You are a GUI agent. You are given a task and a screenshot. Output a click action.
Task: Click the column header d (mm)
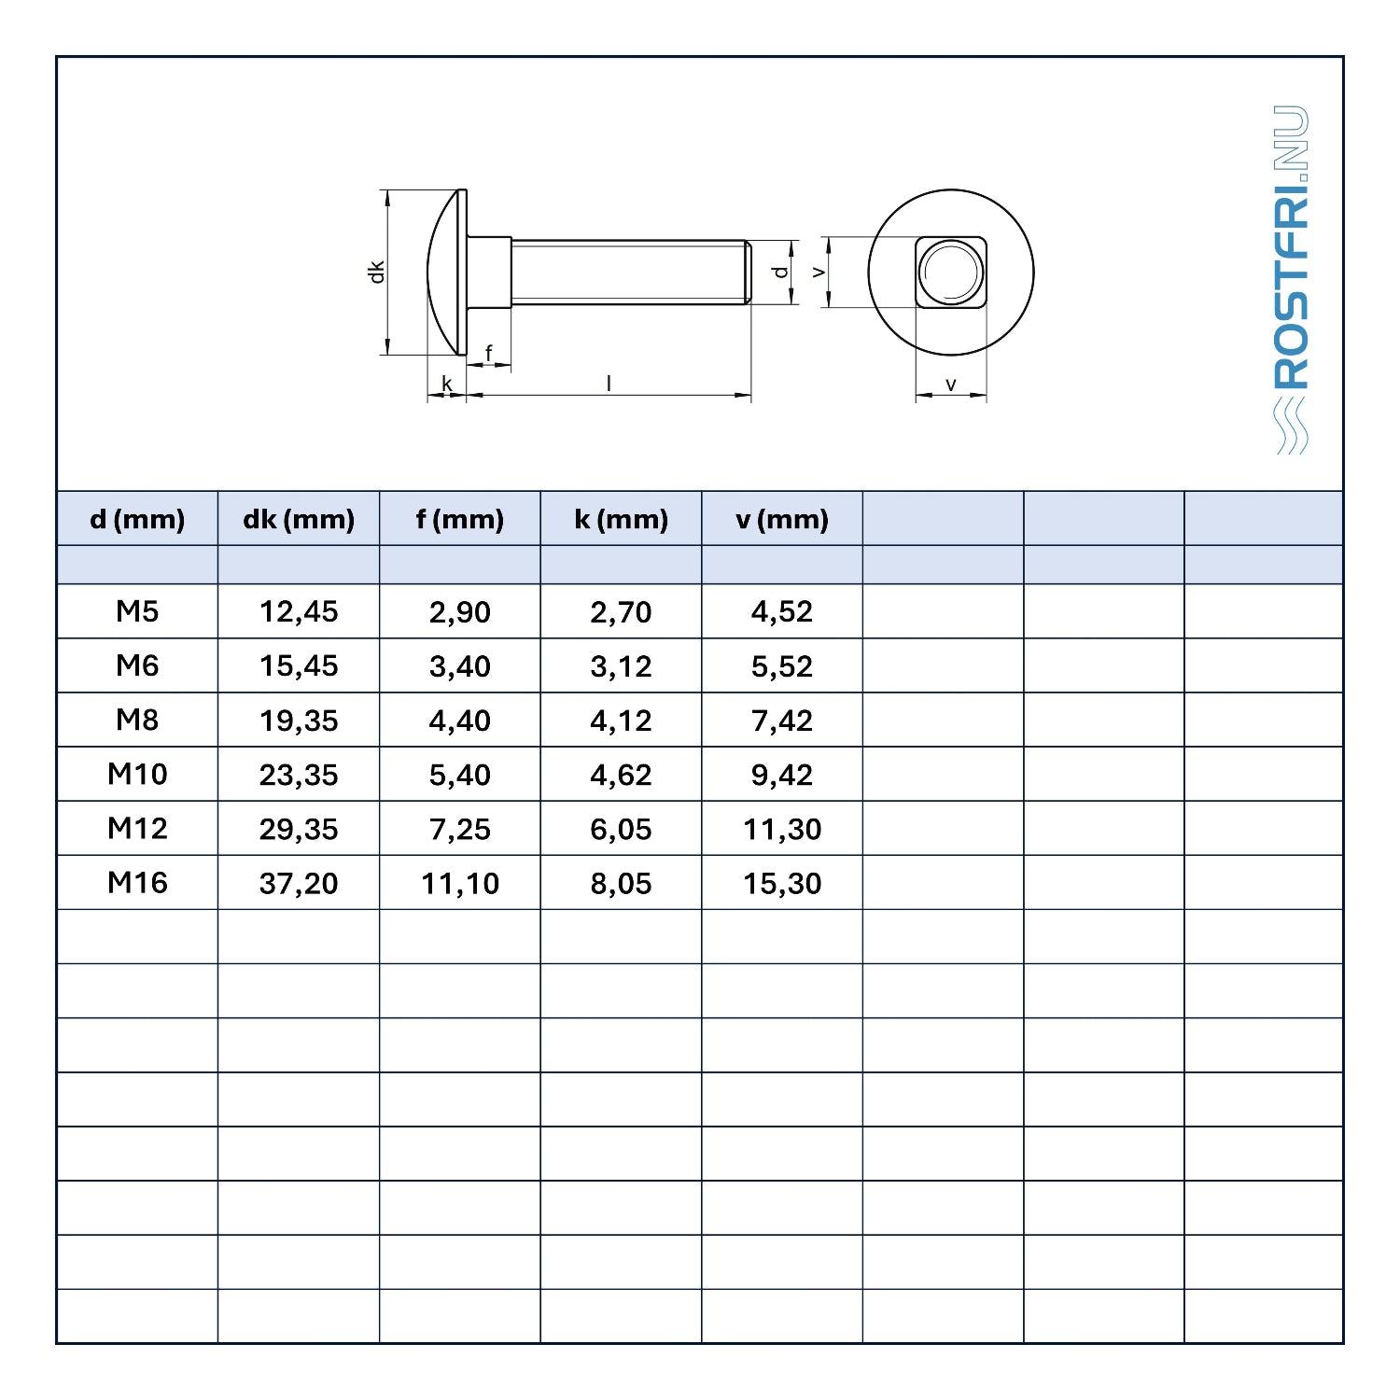(137, 520)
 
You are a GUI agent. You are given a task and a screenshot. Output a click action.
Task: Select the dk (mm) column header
(299, 520)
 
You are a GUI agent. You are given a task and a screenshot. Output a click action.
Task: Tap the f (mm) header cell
(460, 520)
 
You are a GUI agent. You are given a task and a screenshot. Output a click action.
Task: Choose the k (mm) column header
(622, 520)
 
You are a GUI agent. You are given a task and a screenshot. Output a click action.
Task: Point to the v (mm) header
(782, 520)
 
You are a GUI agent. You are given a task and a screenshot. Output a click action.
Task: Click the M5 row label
(137, 611)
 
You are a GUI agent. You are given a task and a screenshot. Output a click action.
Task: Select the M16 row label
(137, 882)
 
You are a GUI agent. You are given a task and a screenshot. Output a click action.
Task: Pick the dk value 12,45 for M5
(299, 611)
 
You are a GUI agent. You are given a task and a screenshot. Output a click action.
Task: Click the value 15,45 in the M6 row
(299, 665)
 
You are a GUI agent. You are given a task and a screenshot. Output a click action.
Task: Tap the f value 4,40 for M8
(460, 720)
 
